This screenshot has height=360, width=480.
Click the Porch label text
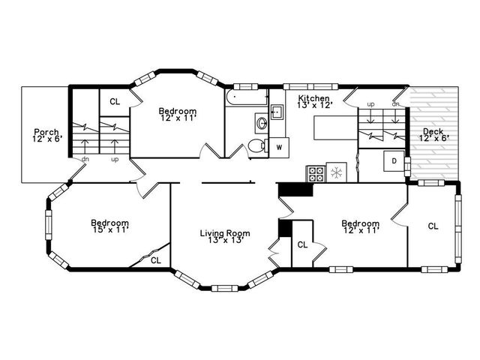pyautogui.click(x=46, y=132)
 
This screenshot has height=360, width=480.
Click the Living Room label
pyautogui.click(x=224, y=233)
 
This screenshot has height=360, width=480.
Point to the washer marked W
pyautogui.click(x=278, y=146)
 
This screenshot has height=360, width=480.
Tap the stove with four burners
pyautogui.click(x=316, y=174)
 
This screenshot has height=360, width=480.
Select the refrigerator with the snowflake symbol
pyautogui.click(x=337, y=173)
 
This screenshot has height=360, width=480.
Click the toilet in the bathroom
pyautogui.click(x=256, y=146)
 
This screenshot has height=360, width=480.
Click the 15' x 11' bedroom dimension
pyautogui.click(x=109, y=229)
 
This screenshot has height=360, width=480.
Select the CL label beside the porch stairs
pyautogui.click(x=115, y=102)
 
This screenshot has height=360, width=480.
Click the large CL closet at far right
pyautogui.click(x=433, y=226)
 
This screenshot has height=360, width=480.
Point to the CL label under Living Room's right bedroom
pyautogui.click(x=302, y=244)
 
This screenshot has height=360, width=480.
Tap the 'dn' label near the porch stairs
pyautogui.click(x=85, y=159)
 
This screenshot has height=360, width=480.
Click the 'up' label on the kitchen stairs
pyautogui.click(x=370, y=104)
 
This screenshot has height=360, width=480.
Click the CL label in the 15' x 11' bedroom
pyautogui.click(x=156, y=260)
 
